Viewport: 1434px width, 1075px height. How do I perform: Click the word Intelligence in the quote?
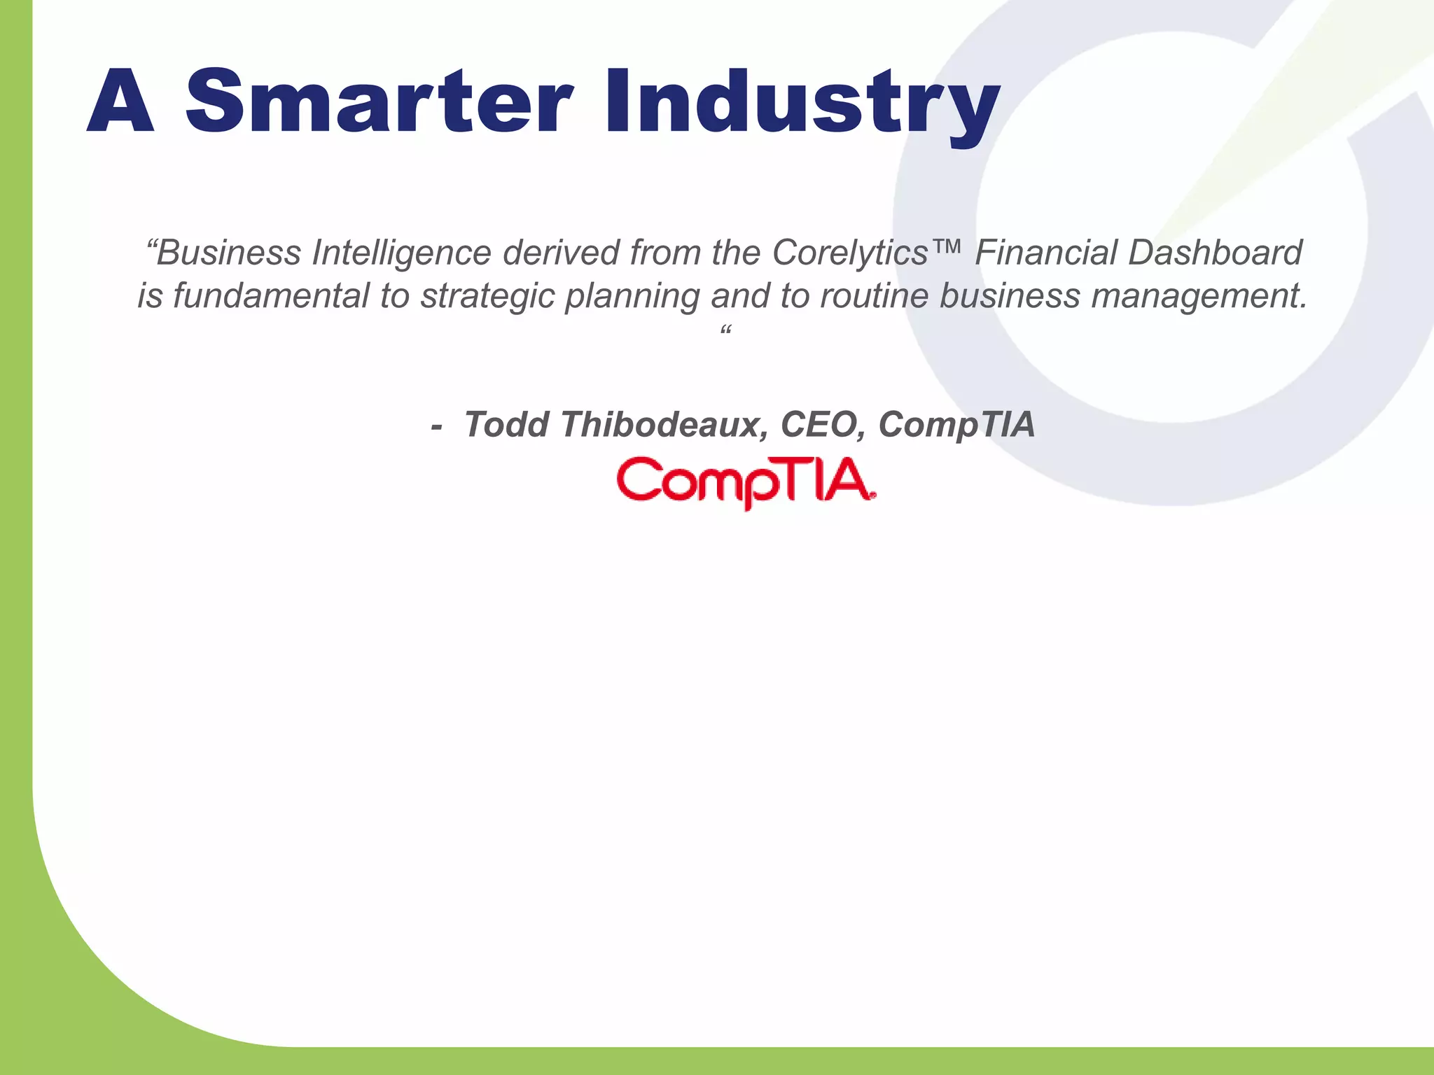click(x=401, y=253)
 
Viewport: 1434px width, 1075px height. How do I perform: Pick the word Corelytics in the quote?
click(x=849, y=253)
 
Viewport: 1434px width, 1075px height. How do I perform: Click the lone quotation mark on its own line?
click(x=725, y=330)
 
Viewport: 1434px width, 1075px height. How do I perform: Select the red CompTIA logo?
click(x=746, y=482)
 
